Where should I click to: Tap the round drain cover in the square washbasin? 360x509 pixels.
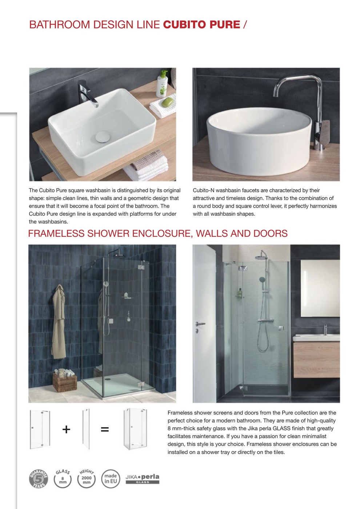click(x=102, y=137)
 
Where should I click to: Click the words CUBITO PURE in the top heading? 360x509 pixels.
click(x=201, y=25)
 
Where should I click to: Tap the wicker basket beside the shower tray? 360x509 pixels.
click(x=65, y=381)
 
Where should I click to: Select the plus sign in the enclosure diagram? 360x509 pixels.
click(x=66, y=429)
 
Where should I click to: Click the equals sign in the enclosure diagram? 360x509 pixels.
click(x=105, y=429)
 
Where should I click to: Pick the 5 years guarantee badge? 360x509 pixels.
click(x=39, y=478)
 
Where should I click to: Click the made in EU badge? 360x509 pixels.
click(x=111, y=478)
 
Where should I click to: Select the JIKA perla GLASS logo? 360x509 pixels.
click(x=143, y=478)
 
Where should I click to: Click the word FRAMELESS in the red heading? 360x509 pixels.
click(x=56, y=233)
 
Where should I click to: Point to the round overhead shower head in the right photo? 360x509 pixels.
click(x=261, y=257)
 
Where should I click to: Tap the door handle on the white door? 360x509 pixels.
click(x=200, y=324)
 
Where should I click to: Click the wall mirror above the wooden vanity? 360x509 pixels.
click(x=320, y=287)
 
